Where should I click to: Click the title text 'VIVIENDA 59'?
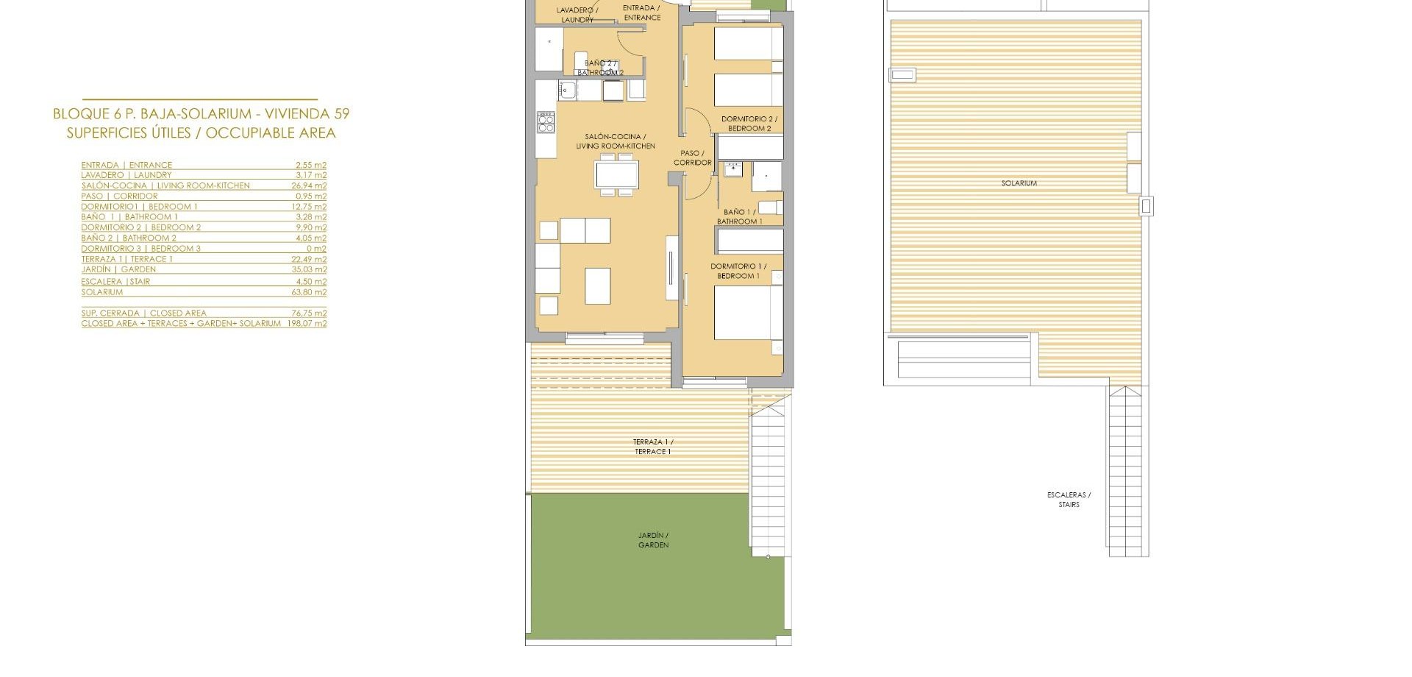307,114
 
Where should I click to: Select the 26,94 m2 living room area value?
309,185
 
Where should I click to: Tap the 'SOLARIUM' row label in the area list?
102,292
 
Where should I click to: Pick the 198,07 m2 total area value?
307,323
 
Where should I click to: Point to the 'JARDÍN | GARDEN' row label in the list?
118,269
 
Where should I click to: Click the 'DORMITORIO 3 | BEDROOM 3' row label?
140,249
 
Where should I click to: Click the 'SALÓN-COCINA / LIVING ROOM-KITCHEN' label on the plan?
616,141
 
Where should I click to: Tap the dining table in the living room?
617,175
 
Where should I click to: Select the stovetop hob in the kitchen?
546,122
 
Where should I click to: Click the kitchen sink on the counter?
567,91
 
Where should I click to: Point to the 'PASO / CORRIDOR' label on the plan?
693,158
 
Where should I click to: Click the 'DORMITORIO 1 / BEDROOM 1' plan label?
738,271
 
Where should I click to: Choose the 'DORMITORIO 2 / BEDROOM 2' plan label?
749,124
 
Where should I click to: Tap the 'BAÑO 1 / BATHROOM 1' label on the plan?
739,216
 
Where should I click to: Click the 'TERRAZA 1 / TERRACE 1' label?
653,447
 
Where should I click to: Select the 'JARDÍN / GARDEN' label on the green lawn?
654,540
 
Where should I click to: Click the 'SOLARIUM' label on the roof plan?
1019,183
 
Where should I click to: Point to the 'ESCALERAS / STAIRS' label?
1069,500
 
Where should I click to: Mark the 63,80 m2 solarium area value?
309,292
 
